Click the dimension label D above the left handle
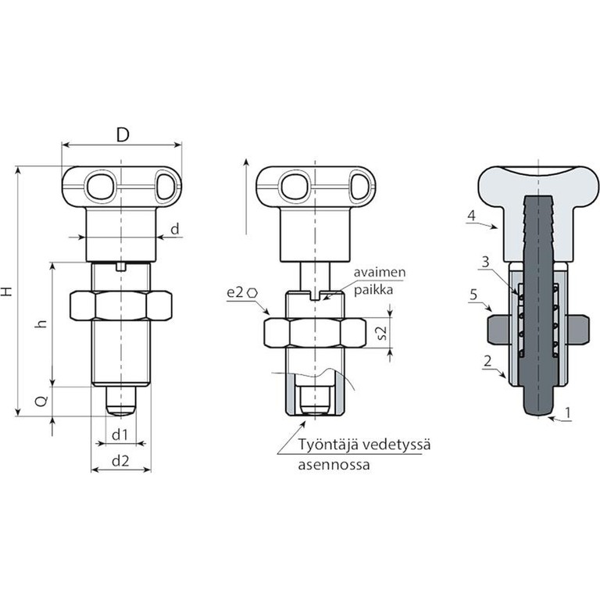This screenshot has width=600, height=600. (x=123, y=134)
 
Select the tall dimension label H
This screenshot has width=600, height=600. (x=7, y=291)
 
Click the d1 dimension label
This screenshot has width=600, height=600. (x=120, y=434)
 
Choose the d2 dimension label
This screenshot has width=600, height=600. (x=120, y=461)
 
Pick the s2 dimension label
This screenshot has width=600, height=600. (x=381, y=333)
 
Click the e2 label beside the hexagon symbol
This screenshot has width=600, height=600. (x=235, y=293)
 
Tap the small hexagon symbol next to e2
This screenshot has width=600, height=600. (x=252, y=293)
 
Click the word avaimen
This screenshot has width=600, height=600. (x=379, y=273)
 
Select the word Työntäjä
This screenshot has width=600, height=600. (x=327, y=445)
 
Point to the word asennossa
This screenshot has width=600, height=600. (x=334, y=465)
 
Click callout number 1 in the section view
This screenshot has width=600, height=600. (x=568, y=412)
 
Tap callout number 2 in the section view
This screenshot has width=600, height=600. (x=487, y=361)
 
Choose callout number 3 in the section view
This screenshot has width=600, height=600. (x=485, y=262)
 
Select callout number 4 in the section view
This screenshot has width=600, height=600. (x=471, y=216)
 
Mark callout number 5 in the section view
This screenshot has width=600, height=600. (x=473, y=295)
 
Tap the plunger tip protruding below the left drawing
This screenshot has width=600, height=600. (x=121, y=402)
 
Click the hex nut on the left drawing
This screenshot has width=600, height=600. (x=121, y=305)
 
